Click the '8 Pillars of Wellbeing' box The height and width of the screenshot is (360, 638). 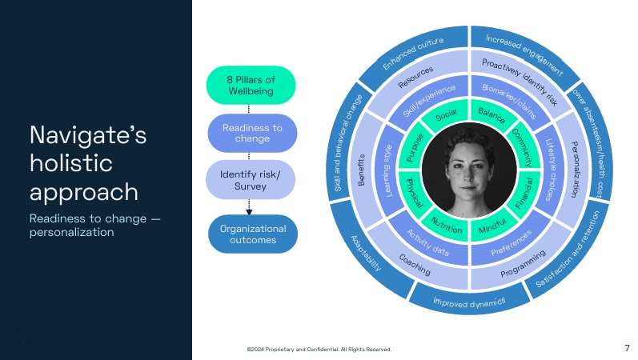click(251, 85)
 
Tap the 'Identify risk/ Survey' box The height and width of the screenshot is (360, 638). click(251, 178)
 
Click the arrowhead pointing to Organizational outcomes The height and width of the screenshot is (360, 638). click(249, 212)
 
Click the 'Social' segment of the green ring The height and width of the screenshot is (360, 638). click(445, 118)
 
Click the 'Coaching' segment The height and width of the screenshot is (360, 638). click(414, 268)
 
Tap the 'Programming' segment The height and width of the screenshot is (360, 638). click(523, 263)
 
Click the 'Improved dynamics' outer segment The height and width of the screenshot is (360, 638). click(470, 302)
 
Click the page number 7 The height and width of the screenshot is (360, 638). click(626, 348)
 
